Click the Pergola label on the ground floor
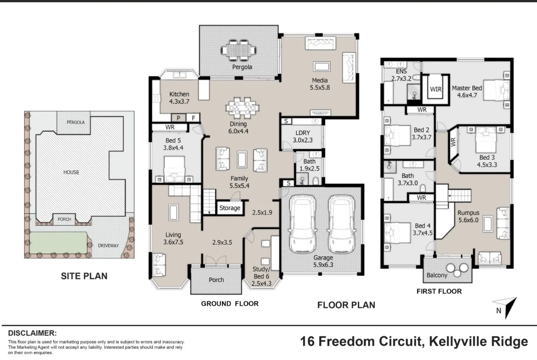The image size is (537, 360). click(x=242, y=67)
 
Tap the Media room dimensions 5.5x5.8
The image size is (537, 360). click(x=320, y=87)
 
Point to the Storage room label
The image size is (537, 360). click(x=230, y=208)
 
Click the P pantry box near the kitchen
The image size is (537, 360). click(x=179, y=118)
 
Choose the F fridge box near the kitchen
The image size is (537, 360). click(x=194, y=118)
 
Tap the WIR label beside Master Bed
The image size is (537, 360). click(x=435, y=89)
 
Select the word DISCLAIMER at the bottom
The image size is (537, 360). click(x=32, y=333)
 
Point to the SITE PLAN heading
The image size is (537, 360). click(x=84, y=276)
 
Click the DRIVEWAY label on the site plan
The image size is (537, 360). click(x=108, y=246)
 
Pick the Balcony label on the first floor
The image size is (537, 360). click(x=437, y=275)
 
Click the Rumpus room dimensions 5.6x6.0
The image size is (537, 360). click(x=469, y=220)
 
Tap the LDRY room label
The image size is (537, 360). click(x=303, y=133)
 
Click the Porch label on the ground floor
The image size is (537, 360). click(x=216, y=280)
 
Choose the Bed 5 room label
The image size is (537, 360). click(x=173, y=140)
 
